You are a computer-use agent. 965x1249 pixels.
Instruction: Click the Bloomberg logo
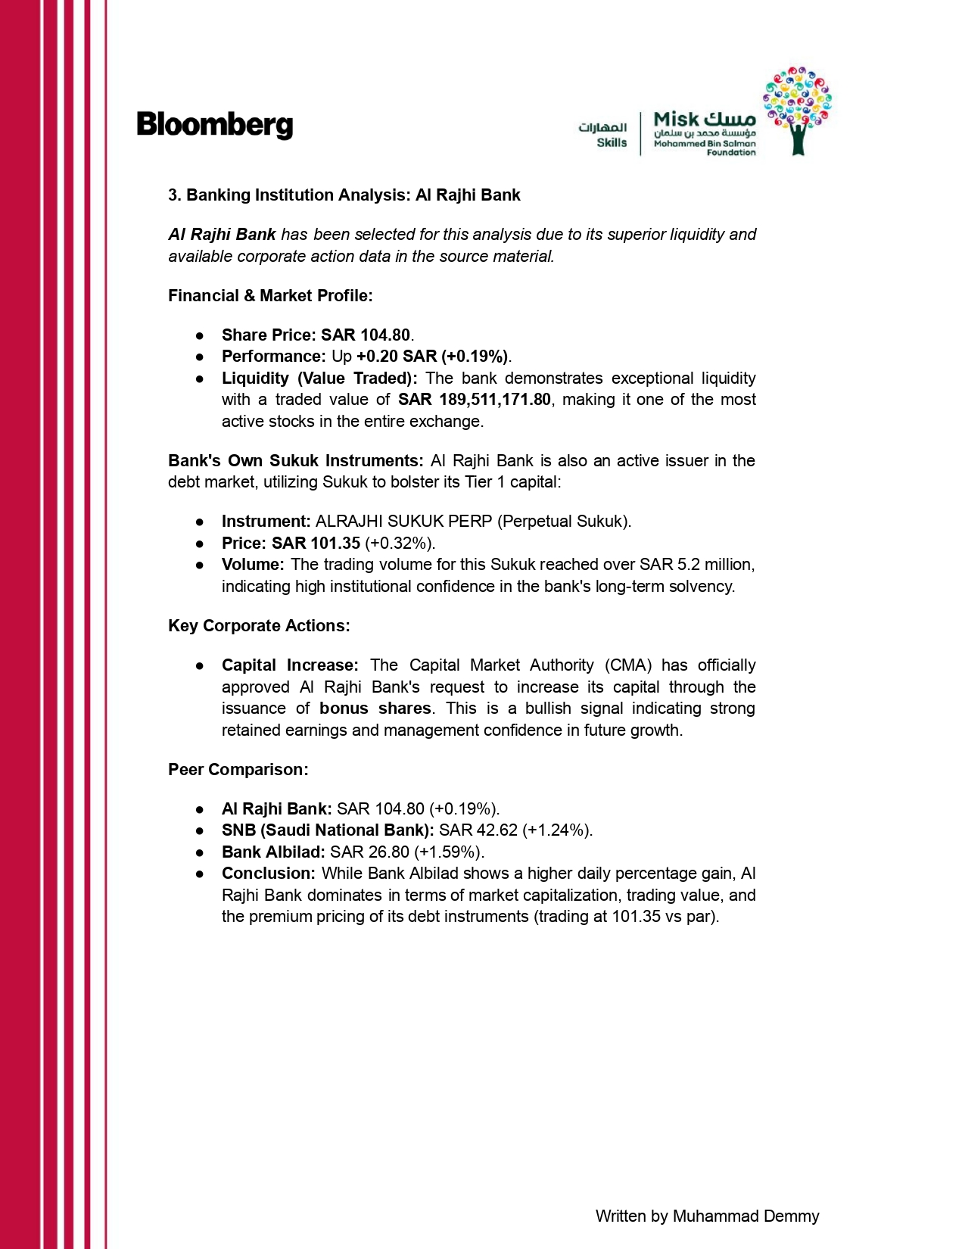coord(214,125)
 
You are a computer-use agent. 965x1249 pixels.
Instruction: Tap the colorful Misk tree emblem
coord(798,109)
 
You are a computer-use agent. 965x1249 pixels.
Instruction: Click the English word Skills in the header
coord(612,142)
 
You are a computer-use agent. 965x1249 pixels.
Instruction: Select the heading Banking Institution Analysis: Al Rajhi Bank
coord(344,195)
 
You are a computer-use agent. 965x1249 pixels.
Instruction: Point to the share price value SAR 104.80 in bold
coord(366,335)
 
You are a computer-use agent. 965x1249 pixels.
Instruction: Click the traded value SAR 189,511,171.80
coord(475,399)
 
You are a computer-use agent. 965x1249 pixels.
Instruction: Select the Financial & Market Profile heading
coord(270,295)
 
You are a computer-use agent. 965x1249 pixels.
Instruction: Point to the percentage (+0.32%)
coord(400,543)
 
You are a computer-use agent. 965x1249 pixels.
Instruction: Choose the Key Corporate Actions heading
coord(259,625)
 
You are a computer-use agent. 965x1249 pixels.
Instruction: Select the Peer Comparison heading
coord(238,769)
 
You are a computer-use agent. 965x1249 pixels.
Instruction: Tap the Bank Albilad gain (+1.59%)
coord(449,852)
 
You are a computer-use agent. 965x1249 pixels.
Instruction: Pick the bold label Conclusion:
coord(268,873)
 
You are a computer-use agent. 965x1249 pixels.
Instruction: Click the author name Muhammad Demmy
coord(746,1216)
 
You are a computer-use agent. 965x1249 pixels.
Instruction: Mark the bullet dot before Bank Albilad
coord(200,852)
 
